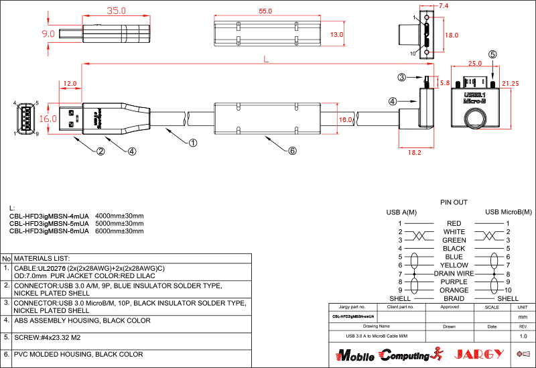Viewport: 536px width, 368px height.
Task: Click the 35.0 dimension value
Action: point(116,11)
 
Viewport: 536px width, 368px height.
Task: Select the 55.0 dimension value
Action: point(265,11)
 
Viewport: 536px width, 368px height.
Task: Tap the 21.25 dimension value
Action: point(510,83)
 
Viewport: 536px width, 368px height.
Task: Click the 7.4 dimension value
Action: point(443,5)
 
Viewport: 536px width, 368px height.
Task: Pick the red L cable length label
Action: point(266,59)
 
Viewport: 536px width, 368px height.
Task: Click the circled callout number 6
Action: point(292,151)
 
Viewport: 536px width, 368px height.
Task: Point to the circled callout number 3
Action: point(402,78)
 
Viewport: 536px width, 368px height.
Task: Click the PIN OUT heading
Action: point(454,202)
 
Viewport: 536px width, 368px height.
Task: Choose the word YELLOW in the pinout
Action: point(454,265)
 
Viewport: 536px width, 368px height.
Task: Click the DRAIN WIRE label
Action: point(454,273)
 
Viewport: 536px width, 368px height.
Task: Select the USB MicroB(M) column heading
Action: point(508,212)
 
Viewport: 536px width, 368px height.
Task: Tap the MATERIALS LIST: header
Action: point(42,258)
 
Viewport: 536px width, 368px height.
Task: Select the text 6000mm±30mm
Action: point(119,231)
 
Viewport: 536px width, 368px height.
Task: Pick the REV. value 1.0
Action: point(523,335)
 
